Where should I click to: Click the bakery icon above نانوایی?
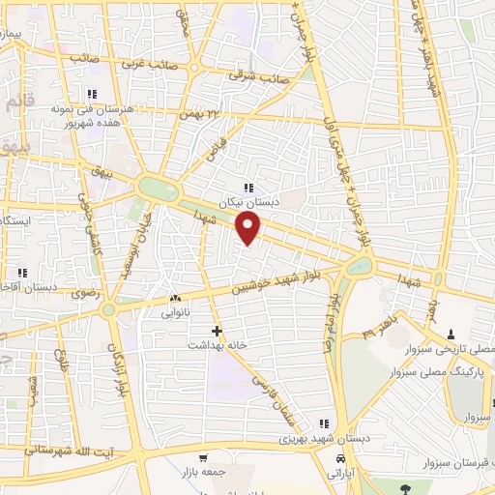pos(175,299)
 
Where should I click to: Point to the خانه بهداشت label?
pos(218,344)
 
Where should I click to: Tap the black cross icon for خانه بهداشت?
pos(217,331)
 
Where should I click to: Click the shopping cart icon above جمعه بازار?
pos(202,457)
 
